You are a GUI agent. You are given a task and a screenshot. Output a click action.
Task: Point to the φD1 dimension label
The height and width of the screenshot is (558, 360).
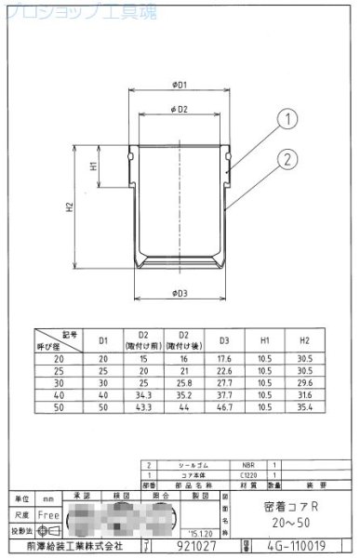tap(180, 84)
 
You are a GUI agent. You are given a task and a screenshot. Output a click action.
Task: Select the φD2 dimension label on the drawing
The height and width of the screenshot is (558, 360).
tap(180, 110)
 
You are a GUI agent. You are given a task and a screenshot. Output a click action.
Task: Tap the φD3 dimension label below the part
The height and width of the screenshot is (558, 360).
tap(180, 295)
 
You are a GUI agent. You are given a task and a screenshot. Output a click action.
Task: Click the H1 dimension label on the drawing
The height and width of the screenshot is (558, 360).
tap(94, 166)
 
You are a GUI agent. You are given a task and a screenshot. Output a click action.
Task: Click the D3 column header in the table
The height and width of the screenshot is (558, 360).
tap(223, 340)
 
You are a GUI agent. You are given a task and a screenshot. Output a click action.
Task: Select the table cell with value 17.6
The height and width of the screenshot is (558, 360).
tap(223, 356)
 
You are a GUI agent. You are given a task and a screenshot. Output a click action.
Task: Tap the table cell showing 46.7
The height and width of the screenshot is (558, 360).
tap(223, 407)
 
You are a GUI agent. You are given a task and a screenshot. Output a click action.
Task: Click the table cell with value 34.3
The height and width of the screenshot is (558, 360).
tap(143, 394)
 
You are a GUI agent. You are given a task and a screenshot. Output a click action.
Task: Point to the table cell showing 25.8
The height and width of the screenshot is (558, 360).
tap(183, 381)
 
